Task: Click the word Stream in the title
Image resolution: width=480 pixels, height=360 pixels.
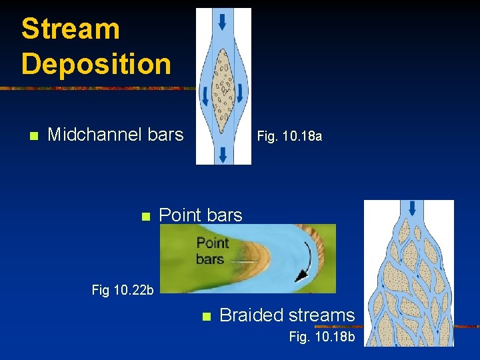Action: (70, 29)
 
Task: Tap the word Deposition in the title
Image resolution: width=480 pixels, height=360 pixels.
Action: (96, 64)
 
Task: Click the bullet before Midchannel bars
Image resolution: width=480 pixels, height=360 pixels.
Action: (33, 136)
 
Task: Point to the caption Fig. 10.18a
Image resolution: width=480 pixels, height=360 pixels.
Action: (289, 136)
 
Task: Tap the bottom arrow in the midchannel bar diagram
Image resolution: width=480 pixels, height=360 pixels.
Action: (223, 155)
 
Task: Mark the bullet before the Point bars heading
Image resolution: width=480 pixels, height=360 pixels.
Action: (144, 216)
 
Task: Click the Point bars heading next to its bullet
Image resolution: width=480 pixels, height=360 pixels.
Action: (201, 215)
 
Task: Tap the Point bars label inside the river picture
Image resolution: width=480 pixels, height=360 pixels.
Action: (212, 251)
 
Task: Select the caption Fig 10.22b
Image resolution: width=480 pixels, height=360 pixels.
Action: (123, 290)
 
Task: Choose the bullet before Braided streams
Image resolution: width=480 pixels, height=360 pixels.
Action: (206, 316)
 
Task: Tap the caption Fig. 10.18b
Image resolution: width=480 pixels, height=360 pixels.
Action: (322, 337)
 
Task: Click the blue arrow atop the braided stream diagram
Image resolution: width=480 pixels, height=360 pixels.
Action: (411, 207)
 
